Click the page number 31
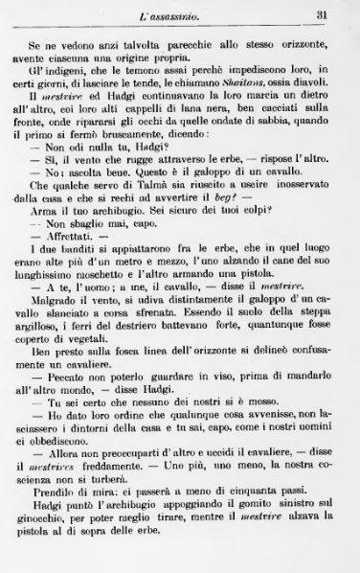coord(323,12)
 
